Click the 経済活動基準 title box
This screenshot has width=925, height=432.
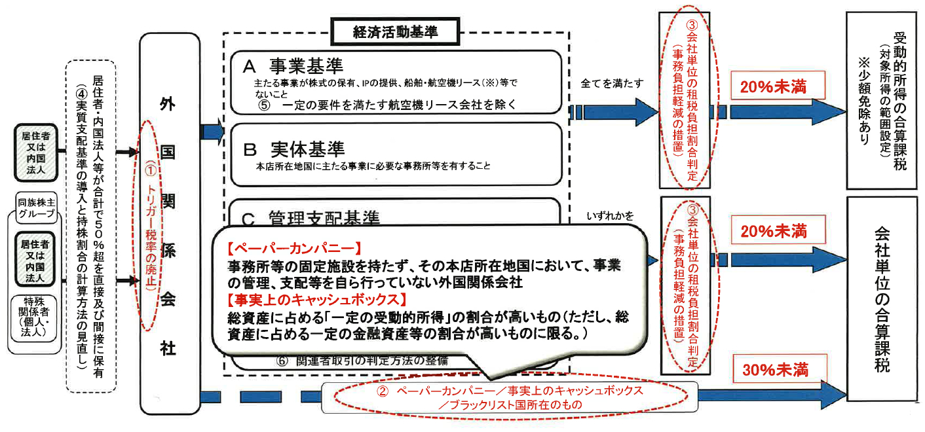(395, 31)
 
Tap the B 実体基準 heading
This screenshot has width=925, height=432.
(294, 149)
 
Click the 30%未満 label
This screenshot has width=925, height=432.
(776, 370)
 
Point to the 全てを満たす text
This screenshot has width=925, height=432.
(612, 83)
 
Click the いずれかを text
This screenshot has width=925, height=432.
(610, 216)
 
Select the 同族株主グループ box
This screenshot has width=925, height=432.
(36, 208)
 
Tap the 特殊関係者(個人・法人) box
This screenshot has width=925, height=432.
(33, 318)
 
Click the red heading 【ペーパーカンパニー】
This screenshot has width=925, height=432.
(294, 248)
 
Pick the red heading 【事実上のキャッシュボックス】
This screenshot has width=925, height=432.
(317, 300)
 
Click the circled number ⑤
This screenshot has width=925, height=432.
(264, 105)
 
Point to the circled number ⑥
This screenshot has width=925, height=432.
(282, 361)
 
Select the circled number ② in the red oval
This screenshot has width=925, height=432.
(383, 391)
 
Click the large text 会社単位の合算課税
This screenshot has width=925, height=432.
(882, 299)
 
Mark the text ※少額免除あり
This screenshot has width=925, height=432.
(864, 101)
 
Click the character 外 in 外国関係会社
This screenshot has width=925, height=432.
(168, 104)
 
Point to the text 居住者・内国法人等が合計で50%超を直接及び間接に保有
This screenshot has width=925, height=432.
(98, 226)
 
